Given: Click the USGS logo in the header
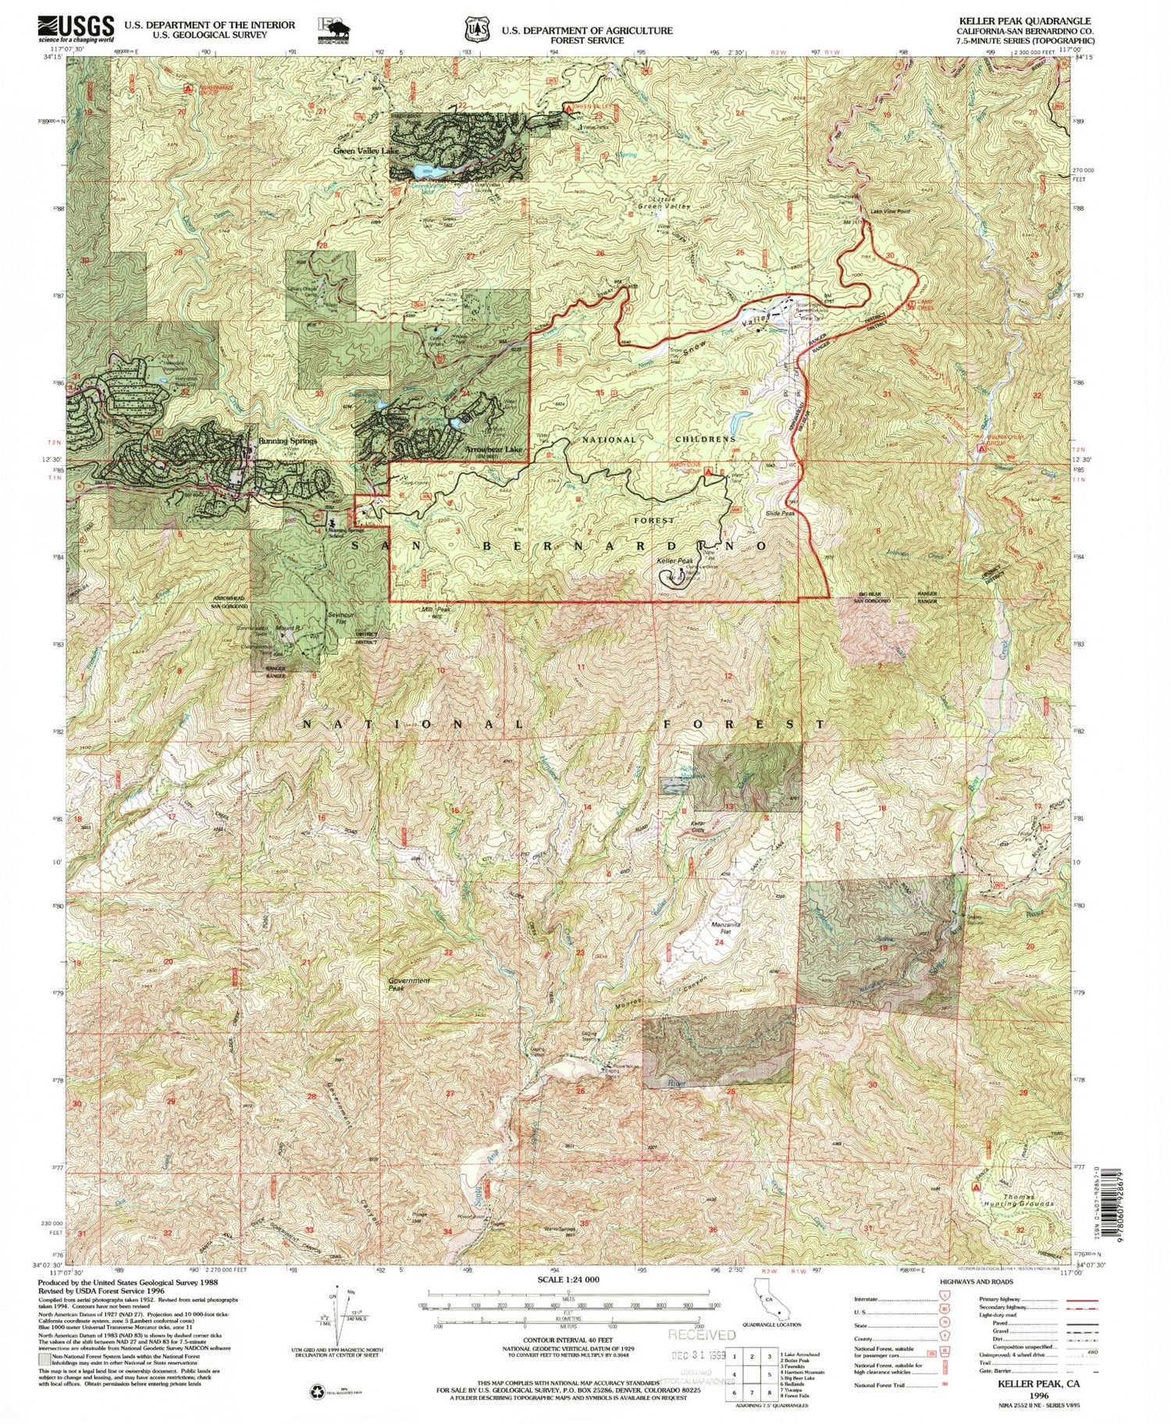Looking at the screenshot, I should pos(76,29).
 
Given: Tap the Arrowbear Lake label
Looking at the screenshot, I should pos(493,450).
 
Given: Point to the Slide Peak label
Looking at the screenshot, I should pos(780,513).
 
